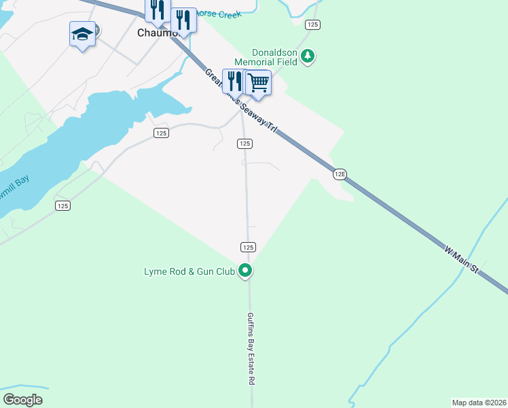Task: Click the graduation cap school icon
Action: click(x=81, y=34)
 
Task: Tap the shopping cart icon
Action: click(x=258, y=83)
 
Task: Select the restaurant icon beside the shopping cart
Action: click(x=234, y=81)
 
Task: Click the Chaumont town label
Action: click(x=153, y=33)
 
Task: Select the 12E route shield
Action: click(x=340, y=174)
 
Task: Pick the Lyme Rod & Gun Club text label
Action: click(x=189, y=271)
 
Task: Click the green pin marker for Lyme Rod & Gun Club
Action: click(x=246, y=271)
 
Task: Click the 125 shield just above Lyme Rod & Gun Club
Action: click(x=248, y=247)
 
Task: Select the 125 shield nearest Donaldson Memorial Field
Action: click(x=312, y=24)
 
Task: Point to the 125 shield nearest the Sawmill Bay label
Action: click(x=62, y=205)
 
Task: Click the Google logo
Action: click(x=22, y=399)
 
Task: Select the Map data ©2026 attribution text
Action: click(x=479, y=402)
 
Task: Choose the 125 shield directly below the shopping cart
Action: click(x=245, y=143)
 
